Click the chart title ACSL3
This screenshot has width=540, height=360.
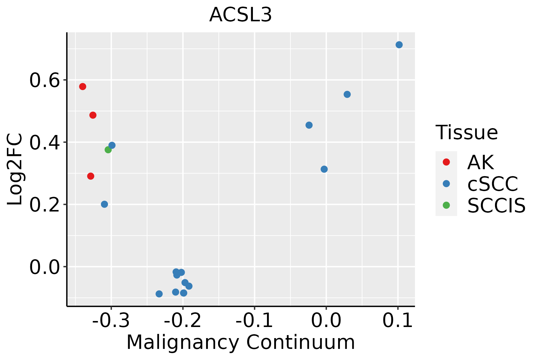[x=240, y=15]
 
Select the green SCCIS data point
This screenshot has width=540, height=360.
[x=108, y=150]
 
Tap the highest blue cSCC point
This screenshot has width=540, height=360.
[x=399, y=45]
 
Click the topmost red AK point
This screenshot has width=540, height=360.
[x=83, y=87]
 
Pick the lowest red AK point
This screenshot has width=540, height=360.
[x=91, y=176]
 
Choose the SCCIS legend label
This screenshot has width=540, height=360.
[x=496, y=205]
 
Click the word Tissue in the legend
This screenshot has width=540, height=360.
[x=466, y=132]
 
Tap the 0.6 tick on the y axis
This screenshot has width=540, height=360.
[x=44, y=81]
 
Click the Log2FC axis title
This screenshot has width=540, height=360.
[x=15, y=169]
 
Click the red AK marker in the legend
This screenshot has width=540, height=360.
[x=446, y=162]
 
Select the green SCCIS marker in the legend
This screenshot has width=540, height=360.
[x=446, y=205]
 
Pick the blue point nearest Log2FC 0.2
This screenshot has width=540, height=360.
[x=104, y=204]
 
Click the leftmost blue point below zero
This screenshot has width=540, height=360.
[x=159, y=294]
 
